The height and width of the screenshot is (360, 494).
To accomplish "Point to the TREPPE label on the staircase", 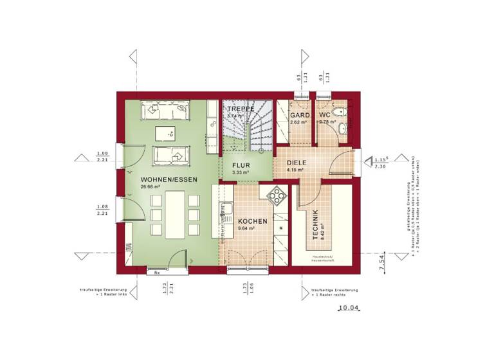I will tap(241, 109).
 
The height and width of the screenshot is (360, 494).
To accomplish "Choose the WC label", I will tap(325, 115).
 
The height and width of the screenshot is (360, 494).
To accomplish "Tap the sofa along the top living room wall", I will tap(168, 111).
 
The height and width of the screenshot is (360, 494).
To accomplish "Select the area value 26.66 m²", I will tap(149, 187).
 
